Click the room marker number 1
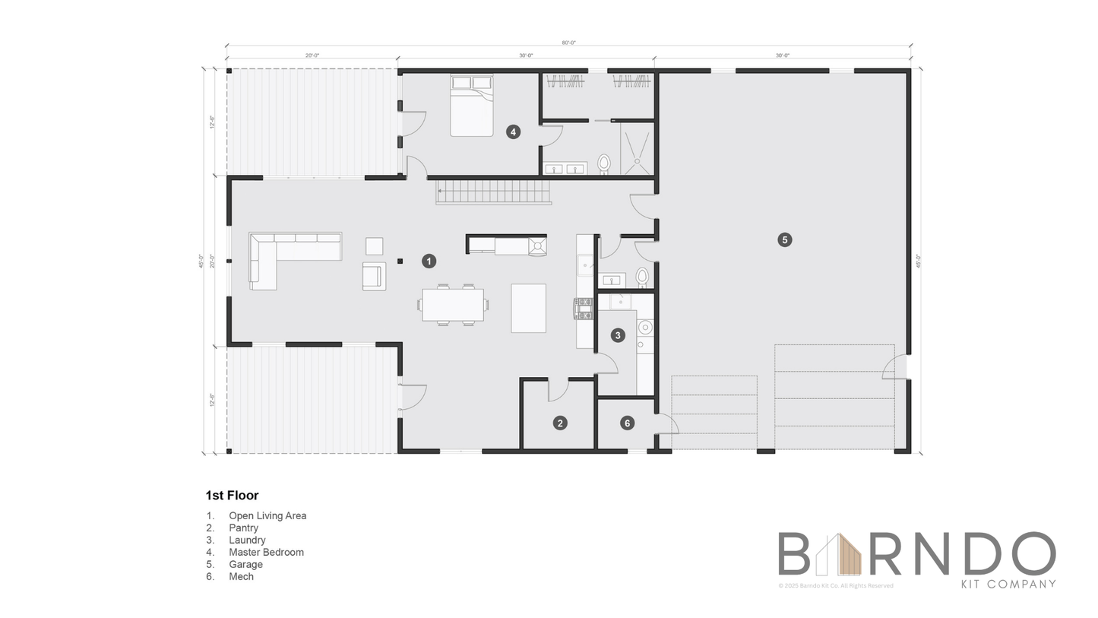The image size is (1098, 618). coord(429,261)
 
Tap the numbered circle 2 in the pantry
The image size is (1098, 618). coord(560,423)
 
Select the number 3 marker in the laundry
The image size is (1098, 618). coord(618,334)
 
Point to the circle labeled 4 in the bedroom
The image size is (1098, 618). coord(513,132)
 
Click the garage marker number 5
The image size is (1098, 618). coord(784,239)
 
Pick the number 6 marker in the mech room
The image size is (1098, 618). coord(627,423)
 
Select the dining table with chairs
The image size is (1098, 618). coord(453,305)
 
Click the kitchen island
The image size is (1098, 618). coord(528,308)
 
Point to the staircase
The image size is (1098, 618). coord(493,192)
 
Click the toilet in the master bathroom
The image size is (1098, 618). coord(604,163)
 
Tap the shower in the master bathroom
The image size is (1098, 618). coord(637,148)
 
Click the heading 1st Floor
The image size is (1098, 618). coord(232,496)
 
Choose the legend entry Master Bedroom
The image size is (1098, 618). coord(266,552)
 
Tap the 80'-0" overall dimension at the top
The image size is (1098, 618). coord(568,43)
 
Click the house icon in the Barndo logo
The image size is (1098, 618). coord(838,554)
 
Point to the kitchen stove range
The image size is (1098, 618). coord(584,307)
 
